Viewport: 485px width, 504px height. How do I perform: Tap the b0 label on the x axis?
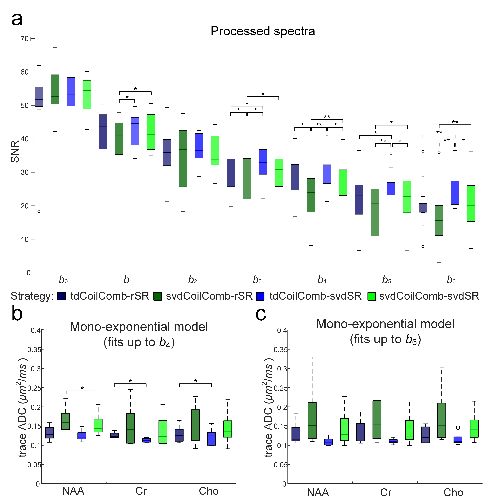63,280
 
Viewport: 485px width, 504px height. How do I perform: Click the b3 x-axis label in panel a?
257,280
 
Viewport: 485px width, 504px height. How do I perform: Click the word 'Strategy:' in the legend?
32,296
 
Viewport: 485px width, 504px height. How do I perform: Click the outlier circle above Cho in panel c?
458,428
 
